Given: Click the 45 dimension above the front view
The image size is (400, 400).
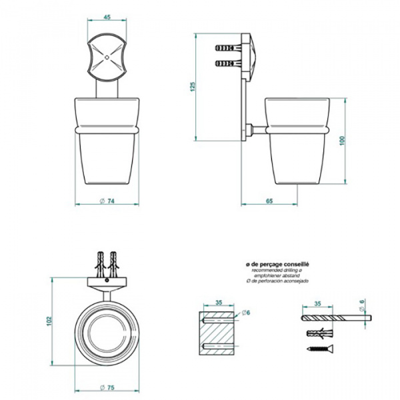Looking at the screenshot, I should (x=107, y=18).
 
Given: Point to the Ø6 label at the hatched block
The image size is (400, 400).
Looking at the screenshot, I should (x=245, y=312).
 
